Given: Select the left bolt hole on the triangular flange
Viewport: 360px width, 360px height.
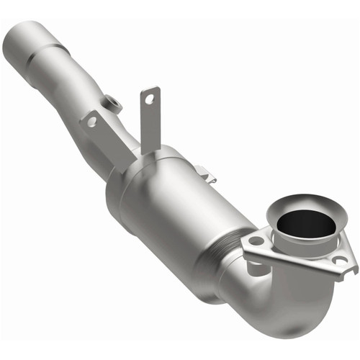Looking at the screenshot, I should [x=257, y=241].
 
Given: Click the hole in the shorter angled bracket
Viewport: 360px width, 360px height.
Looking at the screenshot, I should [x=91, y=122].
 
